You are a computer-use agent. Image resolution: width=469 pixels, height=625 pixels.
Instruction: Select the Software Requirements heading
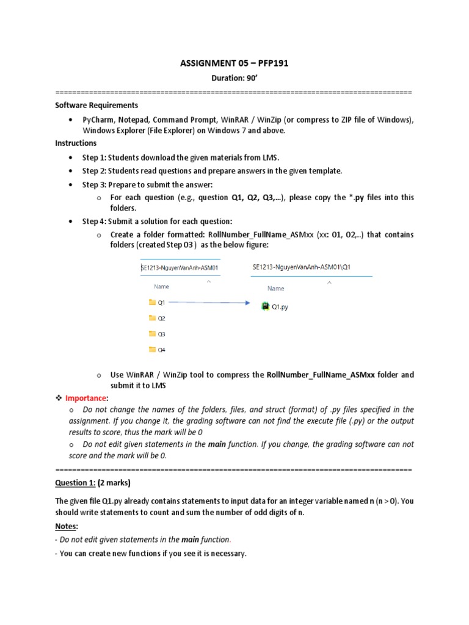click(96, 105)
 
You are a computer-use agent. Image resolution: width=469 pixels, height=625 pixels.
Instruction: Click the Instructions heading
click(76, 143)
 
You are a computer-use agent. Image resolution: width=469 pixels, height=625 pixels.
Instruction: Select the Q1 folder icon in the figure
click(152, 302)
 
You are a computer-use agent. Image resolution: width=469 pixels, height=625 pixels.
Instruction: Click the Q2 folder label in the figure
click(162, 318)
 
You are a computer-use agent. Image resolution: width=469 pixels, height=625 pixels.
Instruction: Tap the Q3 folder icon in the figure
click(152, 334)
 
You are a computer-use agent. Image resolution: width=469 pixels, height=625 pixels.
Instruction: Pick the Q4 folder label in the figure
click(162, 350)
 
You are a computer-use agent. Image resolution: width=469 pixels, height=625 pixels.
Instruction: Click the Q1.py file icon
click(265, 306)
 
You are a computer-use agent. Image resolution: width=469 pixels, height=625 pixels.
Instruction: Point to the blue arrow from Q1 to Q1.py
click(208, 302)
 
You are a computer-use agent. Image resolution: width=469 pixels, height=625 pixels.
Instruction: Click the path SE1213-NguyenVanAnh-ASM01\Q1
click(302, 267)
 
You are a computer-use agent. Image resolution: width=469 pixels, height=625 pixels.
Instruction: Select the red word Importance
click(85, 397)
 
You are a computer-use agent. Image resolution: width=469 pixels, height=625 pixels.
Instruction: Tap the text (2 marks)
click(114, 482)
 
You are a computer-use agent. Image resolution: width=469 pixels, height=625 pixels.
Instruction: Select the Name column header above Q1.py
click(275, 289)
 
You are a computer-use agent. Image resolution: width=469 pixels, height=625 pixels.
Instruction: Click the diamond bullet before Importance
click(59, 397)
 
